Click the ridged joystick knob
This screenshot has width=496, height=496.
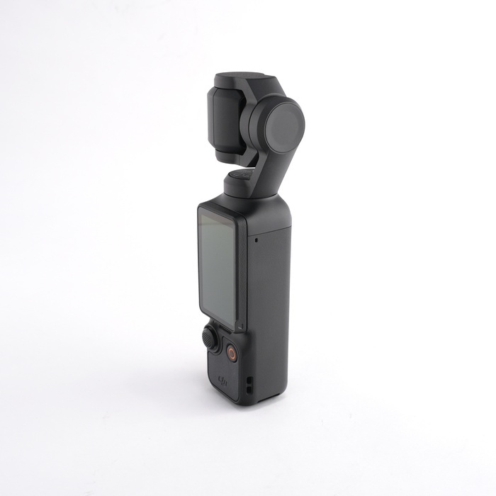210,339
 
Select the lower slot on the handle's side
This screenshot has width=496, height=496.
249,390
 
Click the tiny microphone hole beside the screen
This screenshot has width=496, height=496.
256,239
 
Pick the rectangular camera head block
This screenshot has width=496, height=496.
225,117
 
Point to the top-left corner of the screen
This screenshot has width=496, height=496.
201,210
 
